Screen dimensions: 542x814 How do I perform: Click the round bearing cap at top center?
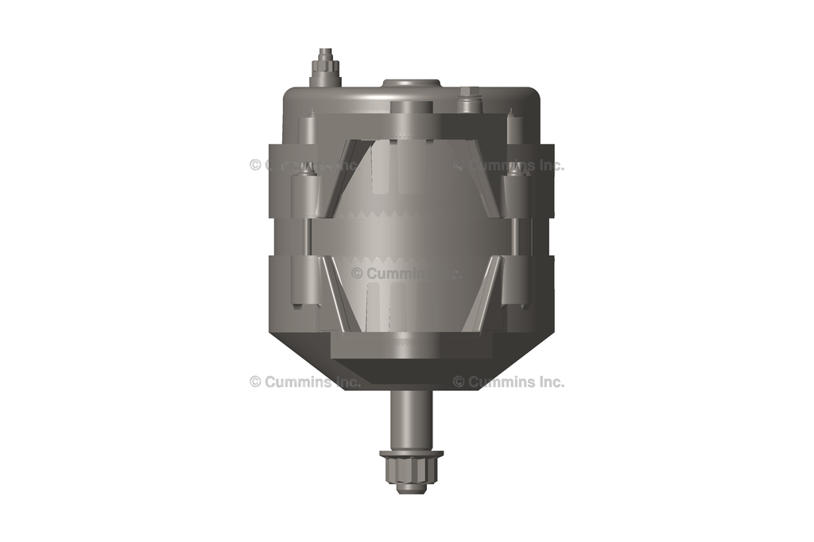click(x=412, y=83)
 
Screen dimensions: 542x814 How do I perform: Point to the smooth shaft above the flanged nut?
click(x=411, y=419)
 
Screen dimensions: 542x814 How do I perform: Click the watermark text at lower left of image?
click(x=305, y=381)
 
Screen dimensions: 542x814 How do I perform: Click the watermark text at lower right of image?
click(x=509, y=381)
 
